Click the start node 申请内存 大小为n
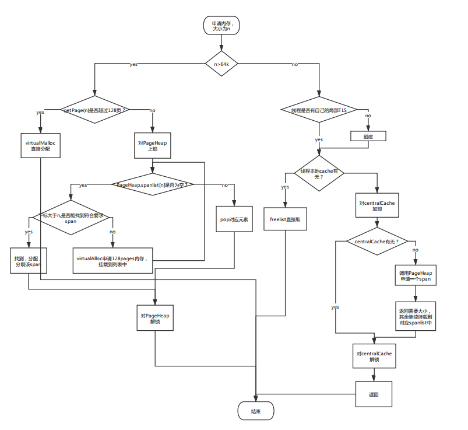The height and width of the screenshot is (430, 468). click(221, 26)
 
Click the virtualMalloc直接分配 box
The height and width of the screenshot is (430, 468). click(41, 146)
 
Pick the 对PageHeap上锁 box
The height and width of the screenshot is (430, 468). click(153, 146)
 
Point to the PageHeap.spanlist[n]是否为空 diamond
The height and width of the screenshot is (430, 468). click(153, 185)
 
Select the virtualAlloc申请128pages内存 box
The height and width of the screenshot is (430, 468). click(112, 261)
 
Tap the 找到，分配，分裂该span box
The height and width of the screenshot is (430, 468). click(28, 261)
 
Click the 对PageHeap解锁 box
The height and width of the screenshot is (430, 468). click(155, 318)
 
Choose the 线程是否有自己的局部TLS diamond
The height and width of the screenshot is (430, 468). click(319, 110)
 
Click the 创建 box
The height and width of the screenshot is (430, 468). click(368, 136)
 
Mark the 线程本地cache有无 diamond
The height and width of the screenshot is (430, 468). click(319, 173)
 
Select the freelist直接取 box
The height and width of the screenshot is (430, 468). click(284, 219)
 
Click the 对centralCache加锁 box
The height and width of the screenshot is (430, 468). click(377, 206)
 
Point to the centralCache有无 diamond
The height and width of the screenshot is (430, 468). click(377, 241)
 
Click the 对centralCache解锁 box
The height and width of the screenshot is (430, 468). click(374, 356)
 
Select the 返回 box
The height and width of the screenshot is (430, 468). click(374, 394)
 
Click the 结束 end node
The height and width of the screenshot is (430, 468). click(256, 411)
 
